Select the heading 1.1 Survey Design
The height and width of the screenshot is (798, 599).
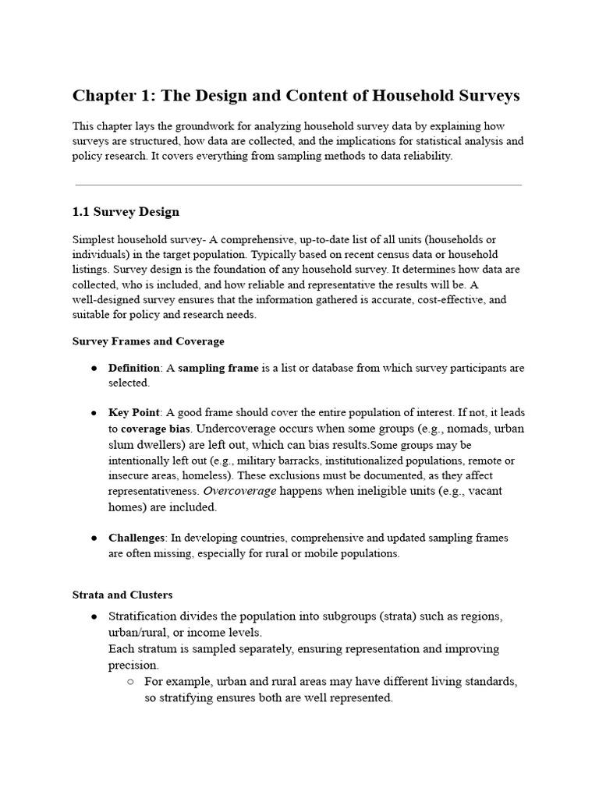[x=126, y=211]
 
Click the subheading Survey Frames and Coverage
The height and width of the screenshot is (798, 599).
[x=148, y=341]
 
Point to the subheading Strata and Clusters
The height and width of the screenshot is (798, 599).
[x=122, y=595]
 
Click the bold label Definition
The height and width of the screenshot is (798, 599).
[x=133, y=368]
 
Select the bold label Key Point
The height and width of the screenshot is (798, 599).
[x=133, y=411]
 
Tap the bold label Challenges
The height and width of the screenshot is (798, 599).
[x=136, y=538]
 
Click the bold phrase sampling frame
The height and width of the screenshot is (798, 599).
[x=218, y=368]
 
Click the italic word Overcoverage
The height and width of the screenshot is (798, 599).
[x=239, y=491]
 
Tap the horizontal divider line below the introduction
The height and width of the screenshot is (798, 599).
[x=299, y=185]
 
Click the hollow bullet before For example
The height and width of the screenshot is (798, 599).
[x=130, y=682]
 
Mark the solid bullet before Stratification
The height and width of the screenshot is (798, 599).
[x=94, y=616]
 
